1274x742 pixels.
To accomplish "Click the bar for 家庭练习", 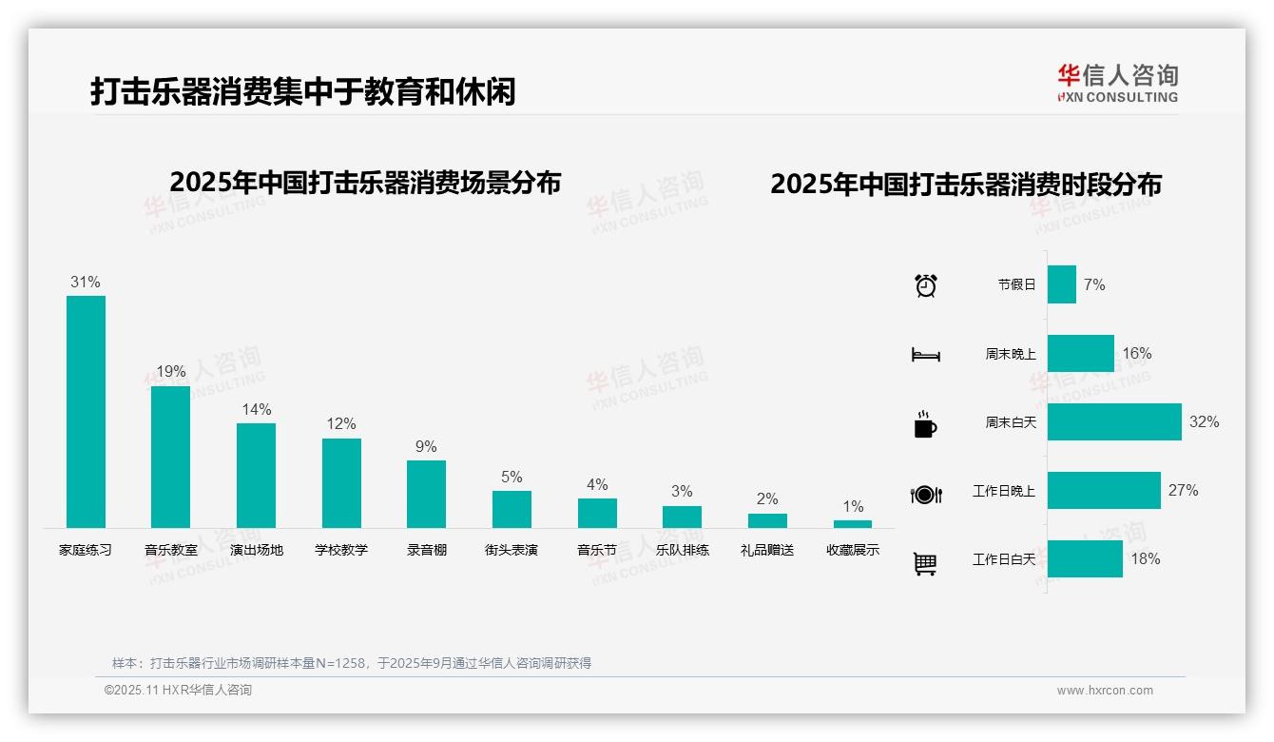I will tap(86, 411).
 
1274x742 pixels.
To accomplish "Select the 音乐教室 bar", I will tap(170, 457).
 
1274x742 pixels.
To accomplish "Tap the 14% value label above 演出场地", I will tap(256, 409).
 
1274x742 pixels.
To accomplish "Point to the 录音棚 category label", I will tap(426, 550).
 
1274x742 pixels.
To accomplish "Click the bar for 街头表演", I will tap(512, 509).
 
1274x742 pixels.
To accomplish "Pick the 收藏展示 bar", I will tap(853, 524).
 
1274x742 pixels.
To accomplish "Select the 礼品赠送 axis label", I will tap(767, 550).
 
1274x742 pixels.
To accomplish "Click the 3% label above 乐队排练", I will tap(682, 491).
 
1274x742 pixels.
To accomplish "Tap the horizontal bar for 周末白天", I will tap(1114, 421).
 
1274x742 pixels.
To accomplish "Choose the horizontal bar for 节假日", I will tap(1062, 284).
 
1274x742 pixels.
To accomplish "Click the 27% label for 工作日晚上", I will tap(1183, 490).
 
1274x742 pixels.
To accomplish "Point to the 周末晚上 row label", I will tap(1011, 354).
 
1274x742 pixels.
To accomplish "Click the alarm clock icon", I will tap(926, 284).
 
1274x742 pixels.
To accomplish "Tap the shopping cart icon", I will tap(925, 563).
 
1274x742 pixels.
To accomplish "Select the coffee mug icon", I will tap(925, 424).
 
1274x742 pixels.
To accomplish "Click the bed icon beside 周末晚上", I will tap(925, 355).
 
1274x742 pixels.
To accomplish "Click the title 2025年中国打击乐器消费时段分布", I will tap(966, 184).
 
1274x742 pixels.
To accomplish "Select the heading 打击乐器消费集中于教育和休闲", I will tap(302, 91).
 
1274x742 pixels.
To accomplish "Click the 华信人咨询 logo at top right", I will tap(1117, 83).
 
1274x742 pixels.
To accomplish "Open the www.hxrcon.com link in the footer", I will tap(1105, 691).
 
